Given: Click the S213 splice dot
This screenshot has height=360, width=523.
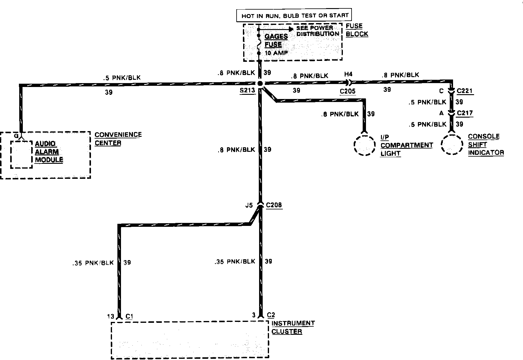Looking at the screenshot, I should point(260,83).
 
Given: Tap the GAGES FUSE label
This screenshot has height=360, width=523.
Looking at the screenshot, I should point(276,40).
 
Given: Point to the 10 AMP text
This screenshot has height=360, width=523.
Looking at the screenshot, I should point(276,53).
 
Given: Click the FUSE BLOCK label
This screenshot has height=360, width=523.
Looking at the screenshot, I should point(357,30).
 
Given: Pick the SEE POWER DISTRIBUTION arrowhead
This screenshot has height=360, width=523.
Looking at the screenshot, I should point(290,29).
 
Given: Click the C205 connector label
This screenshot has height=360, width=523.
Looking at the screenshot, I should point(347,91).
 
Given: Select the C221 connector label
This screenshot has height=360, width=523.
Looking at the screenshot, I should point(465,91).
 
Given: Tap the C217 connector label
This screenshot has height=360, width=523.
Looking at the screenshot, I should point(465,113).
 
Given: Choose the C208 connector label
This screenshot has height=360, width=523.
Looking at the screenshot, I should point(274,205).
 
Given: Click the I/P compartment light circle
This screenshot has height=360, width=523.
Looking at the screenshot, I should point(364,145).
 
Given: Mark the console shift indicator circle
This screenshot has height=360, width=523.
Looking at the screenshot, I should point(452,144).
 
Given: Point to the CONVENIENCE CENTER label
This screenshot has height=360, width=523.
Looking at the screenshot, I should point(118,139).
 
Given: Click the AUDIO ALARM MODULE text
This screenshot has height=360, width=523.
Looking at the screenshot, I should point(49,152).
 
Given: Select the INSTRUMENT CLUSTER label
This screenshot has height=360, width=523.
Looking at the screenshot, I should point(293,327).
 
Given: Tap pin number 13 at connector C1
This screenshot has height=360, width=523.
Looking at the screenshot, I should point(110,316).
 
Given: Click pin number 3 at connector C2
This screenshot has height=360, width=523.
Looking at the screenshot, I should point(254,315).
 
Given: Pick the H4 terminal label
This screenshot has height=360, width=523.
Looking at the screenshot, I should point(348,74).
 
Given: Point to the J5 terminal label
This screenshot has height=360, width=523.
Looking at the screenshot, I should point(249,206).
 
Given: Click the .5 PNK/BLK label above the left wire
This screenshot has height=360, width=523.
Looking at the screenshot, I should point(122,78).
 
